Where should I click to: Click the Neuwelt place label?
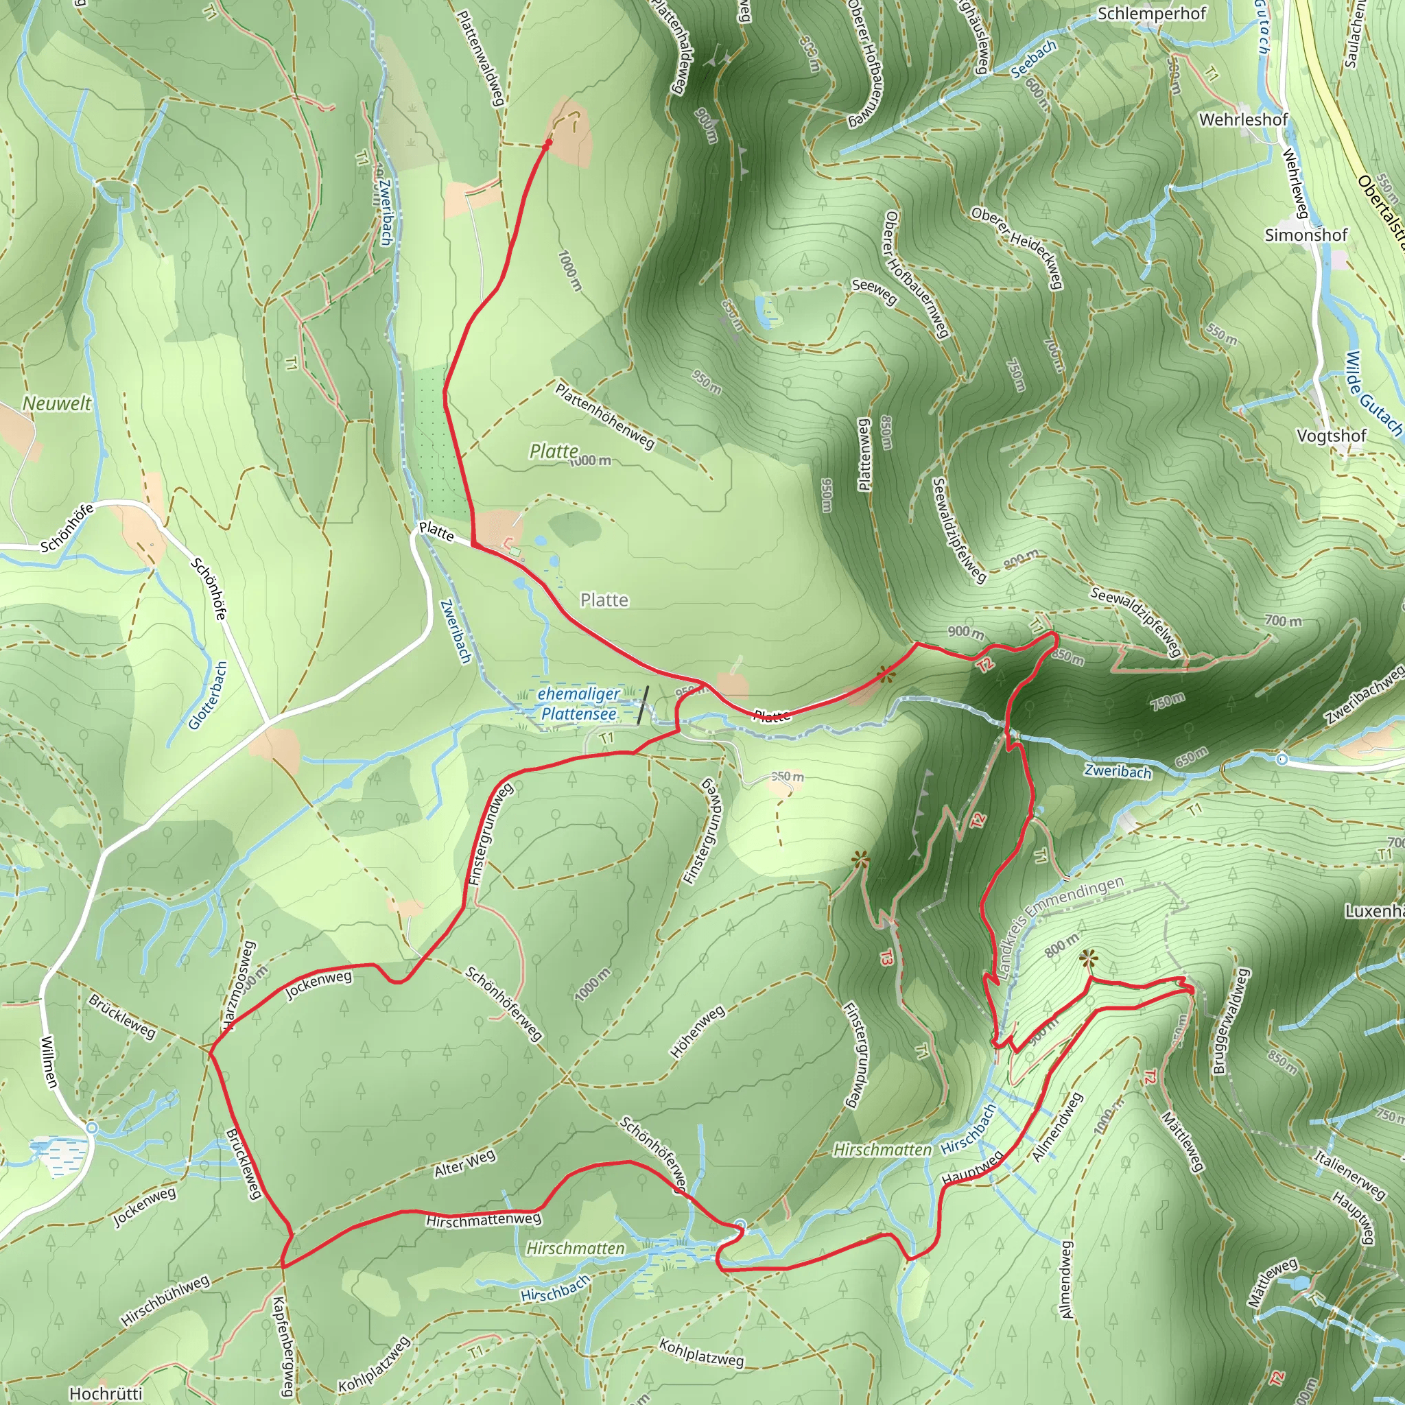(58, 403)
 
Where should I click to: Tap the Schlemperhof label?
(1151, 14)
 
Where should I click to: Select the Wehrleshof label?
(1243, 119)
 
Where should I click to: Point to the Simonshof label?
(1306, 235)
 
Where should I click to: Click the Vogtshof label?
(1332, 436)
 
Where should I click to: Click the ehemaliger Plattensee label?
(579, 704)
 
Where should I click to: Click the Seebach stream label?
(1033, 60)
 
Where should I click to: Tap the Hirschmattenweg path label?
(484, 1220)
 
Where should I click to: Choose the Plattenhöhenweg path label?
(605, 416)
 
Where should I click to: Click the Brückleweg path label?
(244, 1163)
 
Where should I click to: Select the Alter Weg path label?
(464, 1163)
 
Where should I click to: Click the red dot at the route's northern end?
(548, 144)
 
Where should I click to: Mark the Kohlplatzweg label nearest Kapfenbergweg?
(374, 1365)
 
